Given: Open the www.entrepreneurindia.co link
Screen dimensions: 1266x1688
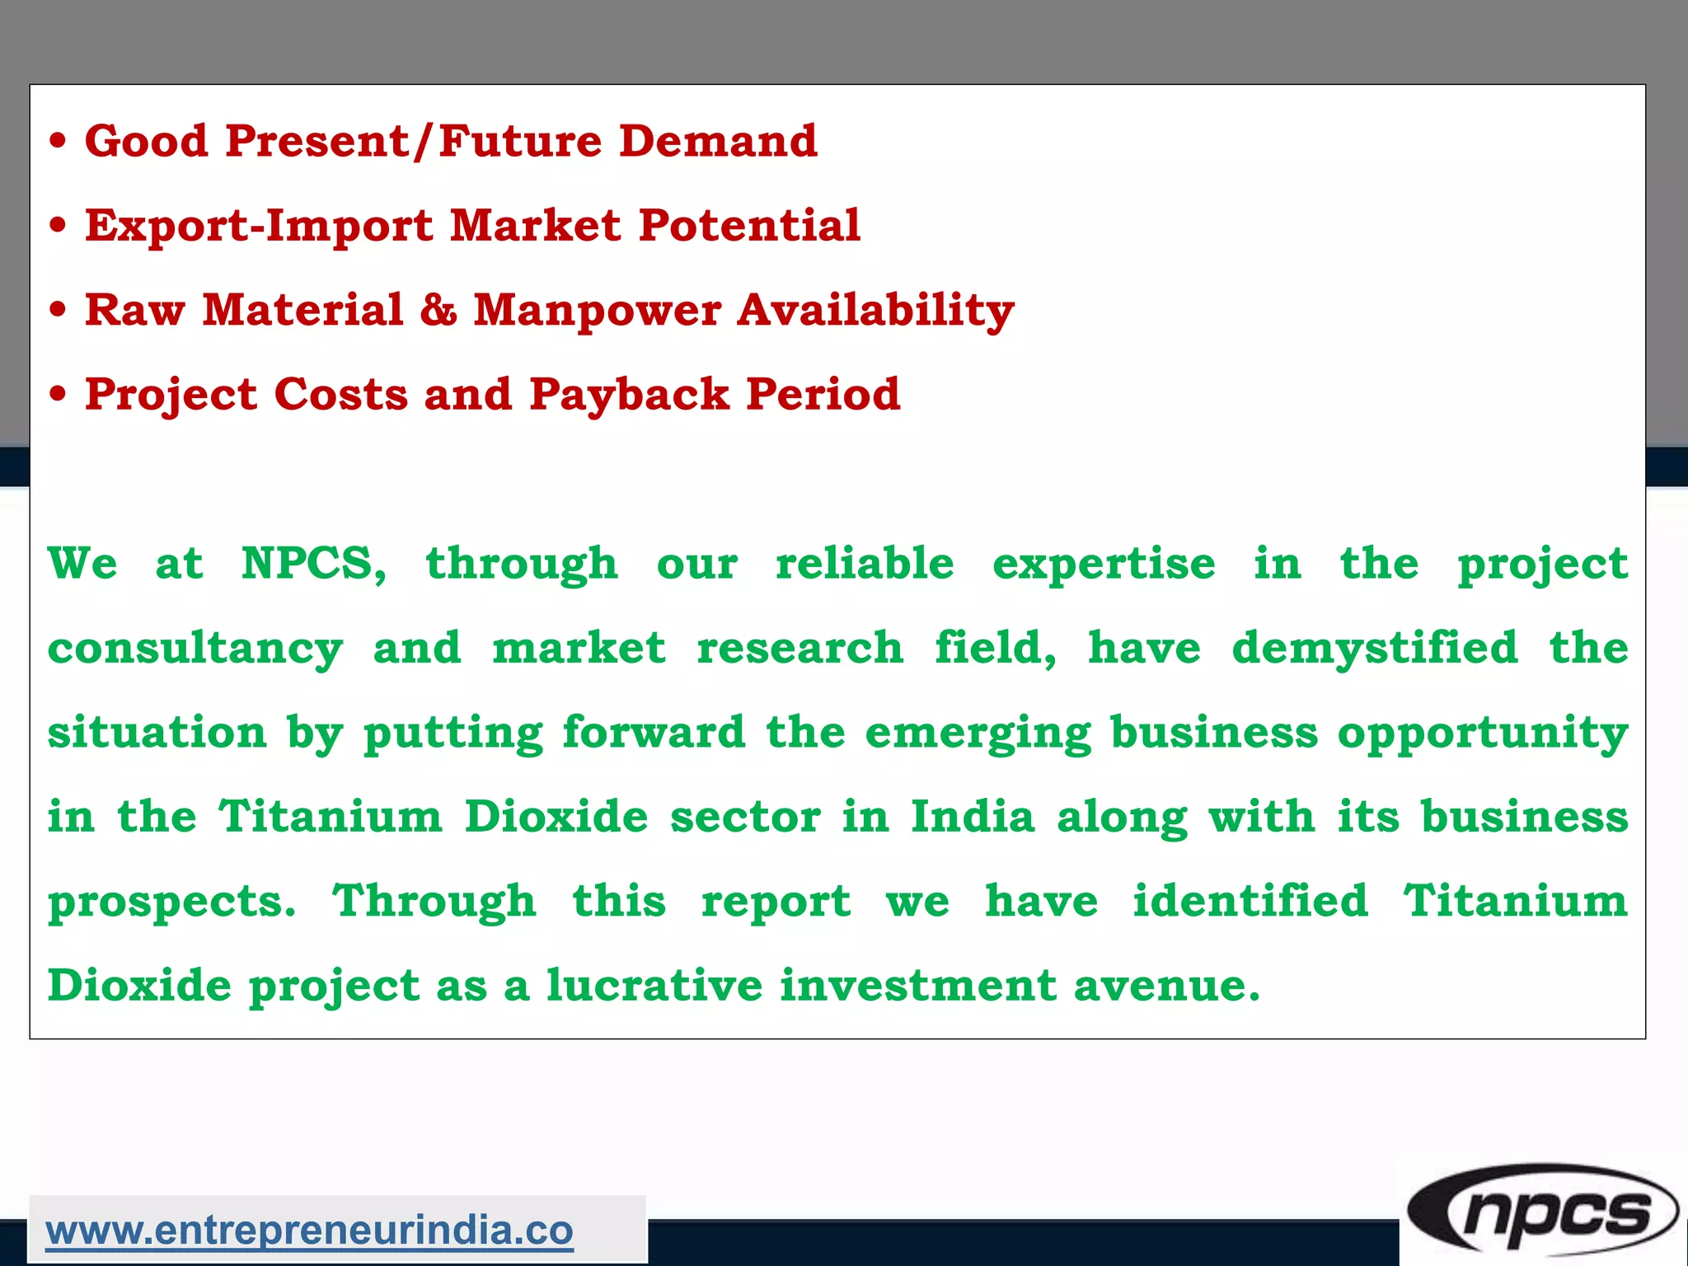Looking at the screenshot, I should (309, 1231).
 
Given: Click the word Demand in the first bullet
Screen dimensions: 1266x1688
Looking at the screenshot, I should (718, 141).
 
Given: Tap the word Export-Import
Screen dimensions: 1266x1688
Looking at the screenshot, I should (259, 226).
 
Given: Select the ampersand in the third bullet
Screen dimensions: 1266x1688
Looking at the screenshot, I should (438, 310).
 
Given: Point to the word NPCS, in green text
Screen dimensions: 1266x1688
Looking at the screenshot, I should (313, 565).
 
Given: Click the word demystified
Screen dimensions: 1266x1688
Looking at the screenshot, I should (1374, 649).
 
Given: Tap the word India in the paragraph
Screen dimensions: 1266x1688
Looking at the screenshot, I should (972, 818).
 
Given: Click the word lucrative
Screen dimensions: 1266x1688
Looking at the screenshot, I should (654, 986).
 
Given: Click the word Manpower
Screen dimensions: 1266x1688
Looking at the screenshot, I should (598, 311).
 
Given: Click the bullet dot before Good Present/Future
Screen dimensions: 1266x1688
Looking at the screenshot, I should (57, 142).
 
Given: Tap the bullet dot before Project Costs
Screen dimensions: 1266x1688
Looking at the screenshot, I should (57, 395).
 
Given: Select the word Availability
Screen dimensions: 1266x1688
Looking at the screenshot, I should (875, 312).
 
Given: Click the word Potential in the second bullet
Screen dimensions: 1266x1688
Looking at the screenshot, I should (749, 226).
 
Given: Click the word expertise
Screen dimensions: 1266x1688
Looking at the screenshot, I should (1104, 565).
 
